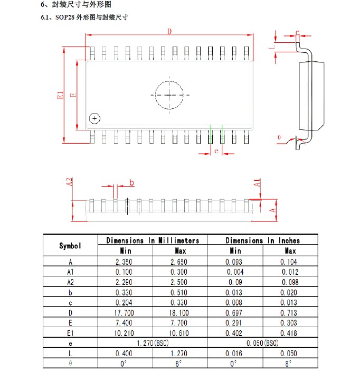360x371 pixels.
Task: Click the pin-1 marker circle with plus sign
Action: pos(94,118)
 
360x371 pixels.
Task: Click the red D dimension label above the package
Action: pos(169,32)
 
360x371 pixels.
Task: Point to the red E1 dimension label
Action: pos(61,95)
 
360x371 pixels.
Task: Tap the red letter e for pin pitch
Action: pos(216,151)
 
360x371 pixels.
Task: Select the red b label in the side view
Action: pos(131,182)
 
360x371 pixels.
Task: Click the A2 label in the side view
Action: pos(69,182)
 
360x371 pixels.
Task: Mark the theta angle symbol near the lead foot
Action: pos(279,137)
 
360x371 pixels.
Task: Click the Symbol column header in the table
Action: pos(70,246)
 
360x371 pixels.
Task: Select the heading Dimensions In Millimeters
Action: pos(153,240)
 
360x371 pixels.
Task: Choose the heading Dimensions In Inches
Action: pos(263,240)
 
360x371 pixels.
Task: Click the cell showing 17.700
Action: pos(124,313)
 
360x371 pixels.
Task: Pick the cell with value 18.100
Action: pos(179,313)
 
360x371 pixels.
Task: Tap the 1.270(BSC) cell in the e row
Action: pos(153,343)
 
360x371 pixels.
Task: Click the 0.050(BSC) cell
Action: pos(262,343)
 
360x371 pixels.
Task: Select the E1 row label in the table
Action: pos(70,333)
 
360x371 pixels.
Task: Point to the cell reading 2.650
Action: pos(179,262)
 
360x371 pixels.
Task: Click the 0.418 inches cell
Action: pos(288,333)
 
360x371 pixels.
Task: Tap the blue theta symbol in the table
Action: pos(70,363)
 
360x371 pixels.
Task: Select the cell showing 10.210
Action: pos(124,333)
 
